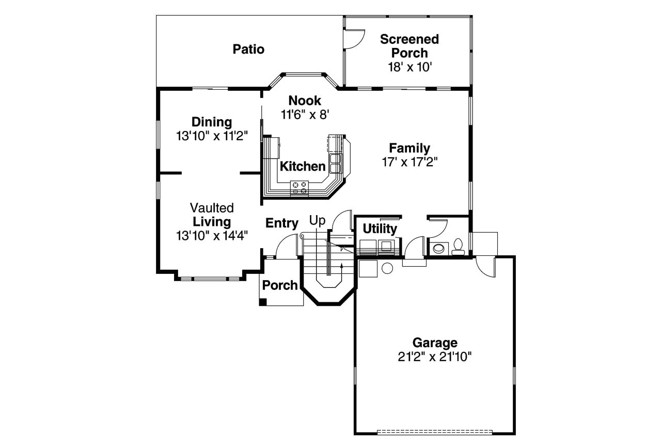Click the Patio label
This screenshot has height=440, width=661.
[x=248, y=50]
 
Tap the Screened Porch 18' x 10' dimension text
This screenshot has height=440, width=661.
[x=409, y=67]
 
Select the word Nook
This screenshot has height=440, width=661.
[x=305, y=101]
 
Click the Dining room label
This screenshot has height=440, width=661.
[x=212, y=122]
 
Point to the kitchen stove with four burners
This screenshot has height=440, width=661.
[x=299, y=187]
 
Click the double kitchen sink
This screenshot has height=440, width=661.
[x=335, y=162]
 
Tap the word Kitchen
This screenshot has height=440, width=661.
[x=303, y=167]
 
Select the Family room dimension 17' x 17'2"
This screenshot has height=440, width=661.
[x=410, y=162]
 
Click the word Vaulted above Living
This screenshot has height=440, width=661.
[x=212, y=208]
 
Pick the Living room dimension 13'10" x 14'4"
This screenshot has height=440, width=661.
[x=212, y=236]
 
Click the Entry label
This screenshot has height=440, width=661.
[x=282, y=223]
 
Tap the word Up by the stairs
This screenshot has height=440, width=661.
[x=318, y=221]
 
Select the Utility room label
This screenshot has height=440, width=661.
[x=380, y=229]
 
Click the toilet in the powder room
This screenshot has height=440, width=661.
[x=458, y=247]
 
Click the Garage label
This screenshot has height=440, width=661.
[x=435, y=343]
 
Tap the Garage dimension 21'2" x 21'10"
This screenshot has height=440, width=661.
[x=435, y=356]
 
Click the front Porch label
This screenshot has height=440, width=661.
[x=280, y=285]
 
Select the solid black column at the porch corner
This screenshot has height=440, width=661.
[x=263, y=302]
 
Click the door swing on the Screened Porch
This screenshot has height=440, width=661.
[x=354, y=40]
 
